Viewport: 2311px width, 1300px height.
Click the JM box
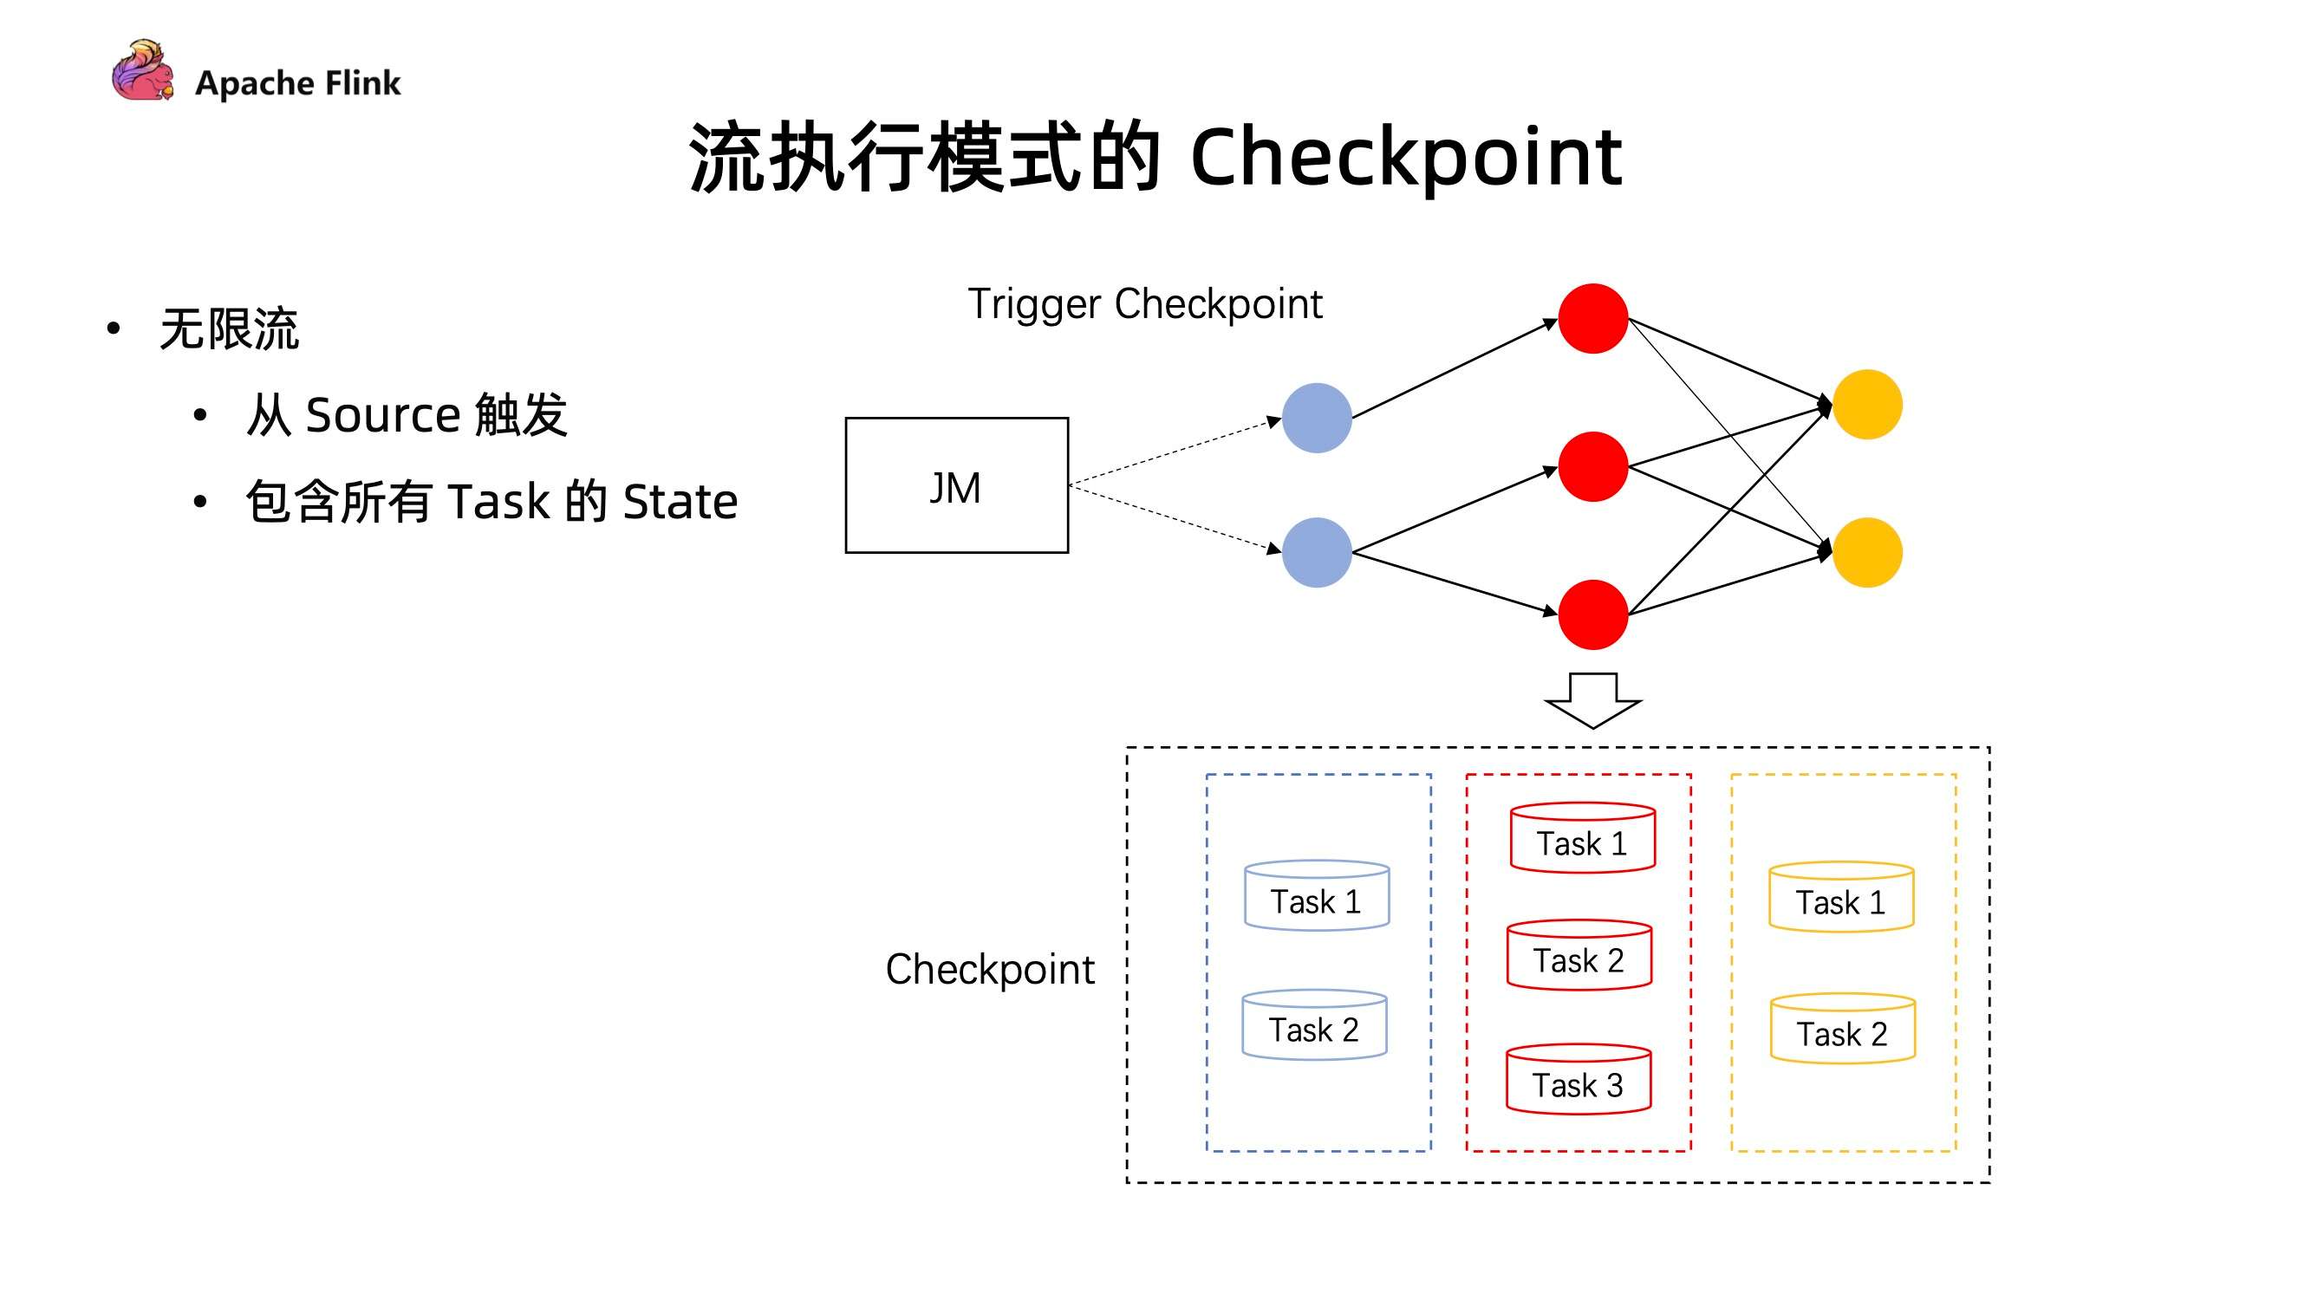pos(956,485)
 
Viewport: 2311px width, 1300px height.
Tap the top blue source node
pos(1316,418)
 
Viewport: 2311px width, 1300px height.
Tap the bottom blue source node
pos(1316,553)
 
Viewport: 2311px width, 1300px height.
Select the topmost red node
pos(1592,318)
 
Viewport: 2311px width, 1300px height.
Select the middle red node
pos(1592,466)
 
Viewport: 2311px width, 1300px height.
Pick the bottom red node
pos(1592,614)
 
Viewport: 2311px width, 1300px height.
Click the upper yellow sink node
pos(1867,405)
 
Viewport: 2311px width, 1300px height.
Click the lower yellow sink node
pos(1867,553)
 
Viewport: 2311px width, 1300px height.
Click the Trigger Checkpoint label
pos(1145,304)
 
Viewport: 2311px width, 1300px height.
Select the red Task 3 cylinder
pos(1578,1080)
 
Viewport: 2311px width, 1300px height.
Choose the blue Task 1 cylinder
pos(1316,896)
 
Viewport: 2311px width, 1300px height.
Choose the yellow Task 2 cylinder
pos(1842,1029)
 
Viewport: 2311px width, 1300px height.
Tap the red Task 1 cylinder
pos(1582,838)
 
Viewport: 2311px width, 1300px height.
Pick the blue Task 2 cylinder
pos(1314,1025)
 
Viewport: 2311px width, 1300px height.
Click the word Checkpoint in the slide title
pos(1405,157)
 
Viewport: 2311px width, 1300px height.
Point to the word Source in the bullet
pos(383,415)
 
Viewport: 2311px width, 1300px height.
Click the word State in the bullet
pos(680,501)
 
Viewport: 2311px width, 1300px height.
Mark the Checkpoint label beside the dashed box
pos(990,969)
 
